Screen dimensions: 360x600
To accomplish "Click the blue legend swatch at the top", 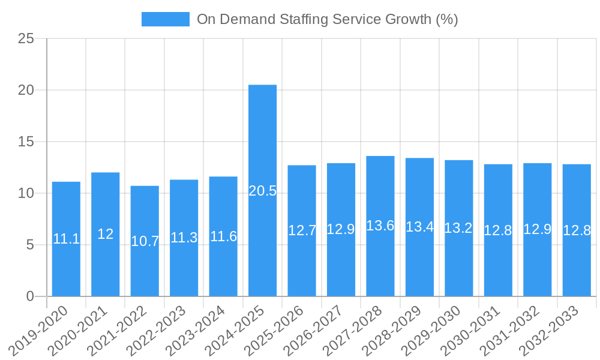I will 166,19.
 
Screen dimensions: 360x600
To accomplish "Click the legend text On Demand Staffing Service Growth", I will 327,19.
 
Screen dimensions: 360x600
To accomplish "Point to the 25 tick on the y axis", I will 26,39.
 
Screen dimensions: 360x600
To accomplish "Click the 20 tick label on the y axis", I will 26,91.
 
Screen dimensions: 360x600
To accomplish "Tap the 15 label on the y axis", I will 26,142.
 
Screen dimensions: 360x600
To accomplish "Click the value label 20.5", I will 263,191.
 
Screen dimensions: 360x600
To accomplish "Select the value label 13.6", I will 380,226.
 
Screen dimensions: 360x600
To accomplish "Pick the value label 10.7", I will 145,241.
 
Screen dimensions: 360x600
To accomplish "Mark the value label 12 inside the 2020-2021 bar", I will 106,235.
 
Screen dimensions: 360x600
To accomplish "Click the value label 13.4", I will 419,227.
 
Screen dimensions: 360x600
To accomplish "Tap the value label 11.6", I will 223,236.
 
